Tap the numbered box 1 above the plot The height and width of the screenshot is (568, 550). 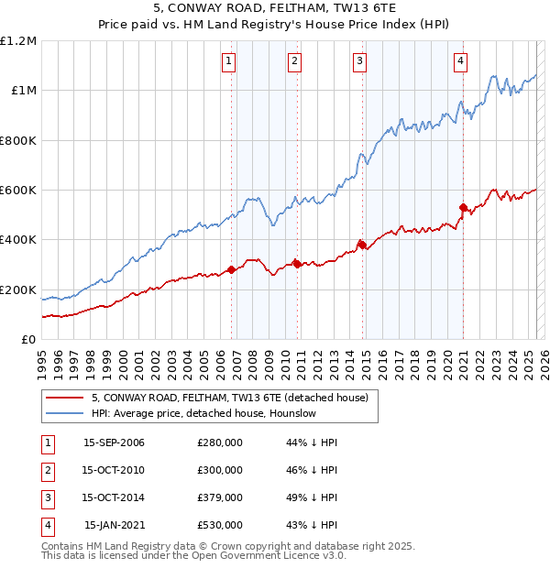[x=227, y=61]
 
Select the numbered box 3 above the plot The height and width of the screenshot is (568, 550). [x=359, y=61]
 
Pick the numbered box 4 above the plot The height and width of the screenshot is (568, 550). [x=460, y=61]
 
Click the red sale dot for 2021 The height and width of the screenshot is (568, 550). [x=464, y=207]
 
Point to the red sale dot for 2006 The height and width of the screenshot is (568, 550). [x=231, y=269]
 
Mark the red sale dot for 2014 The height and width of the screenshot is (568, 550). [x=362, y=245]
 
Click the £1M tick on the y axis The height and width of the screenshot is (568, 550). [x=24, y=91]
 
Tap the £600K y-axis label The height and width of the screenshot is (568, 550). [x=19, y=191]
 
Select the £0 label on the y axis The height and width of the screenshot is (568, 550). [x=28, y=340]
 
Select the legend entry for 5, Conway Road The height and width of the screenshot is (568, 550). [x=229, y=398]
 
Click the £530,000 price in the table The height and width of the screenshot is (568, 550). [x=220, y=525]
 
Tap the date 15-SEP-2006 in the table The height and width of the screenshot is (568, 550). [x=114, y=442]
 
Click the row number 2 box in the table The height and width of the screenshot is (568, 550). [x=46, y=470]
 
